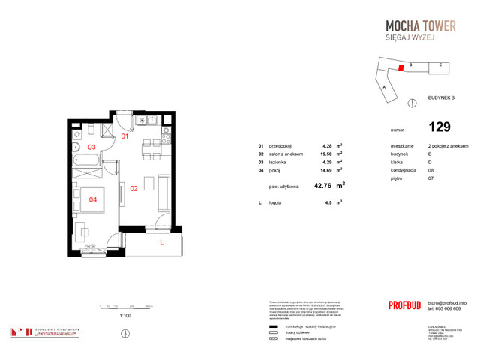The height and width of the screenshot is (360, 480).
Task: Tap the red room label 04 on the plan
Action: point(92,199)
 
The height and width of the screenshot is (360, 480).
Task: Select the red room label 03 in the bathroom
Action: point(91,148)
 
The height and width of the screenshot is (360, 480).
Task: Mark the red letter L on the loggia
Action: point(162,242)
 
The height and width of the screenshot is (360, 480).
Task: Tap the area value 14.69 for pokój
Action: point(326,169)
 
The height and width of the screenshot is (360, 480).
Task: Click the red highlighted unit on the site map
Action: point(401,67)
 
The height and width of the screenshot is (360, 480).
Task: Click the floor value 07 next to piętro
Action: point(430,178)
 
